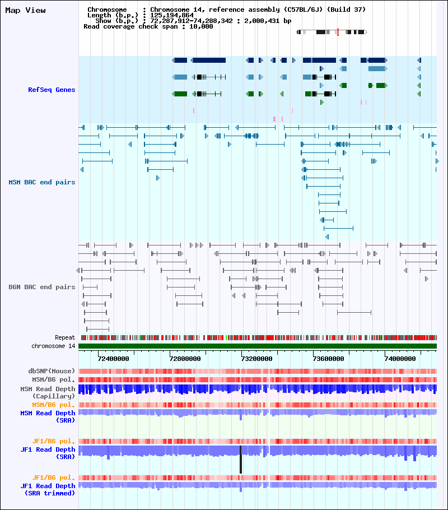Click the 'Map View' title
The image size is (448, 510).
pos(25,11)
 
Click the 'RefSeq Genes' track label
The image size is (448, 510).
pos(52,90)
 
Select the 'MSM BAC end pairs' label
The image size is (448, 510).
pos(42,182)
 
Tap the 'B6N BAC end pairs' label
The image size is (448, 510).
pos(42,287)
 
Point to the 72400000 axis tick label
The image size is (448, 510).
pos(113,358)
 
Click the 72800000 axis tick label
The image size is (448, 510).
pos(185,358)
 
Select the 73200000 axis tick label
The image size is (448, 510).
pos(257,358)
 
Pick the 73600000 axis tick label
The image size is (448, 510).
pos(329,358)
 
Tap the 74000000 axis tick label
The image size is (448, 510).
pos(400,358)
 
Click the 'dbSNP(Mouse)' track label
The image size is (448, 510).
pos(52,371)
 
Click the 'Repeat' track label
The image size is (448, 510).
pos(65,337)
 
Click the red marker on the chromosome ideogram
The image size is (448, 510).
pos(338,33)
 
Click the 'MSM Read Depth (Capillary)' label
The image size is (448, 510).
pos(48,392)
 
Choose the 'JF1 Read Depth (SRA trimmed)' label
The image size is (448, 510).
pos(48,489)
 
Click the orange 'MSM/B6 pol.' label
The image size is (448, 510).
pos(54,405)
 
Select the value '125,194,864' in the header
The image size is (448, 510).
pos(172,15)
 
